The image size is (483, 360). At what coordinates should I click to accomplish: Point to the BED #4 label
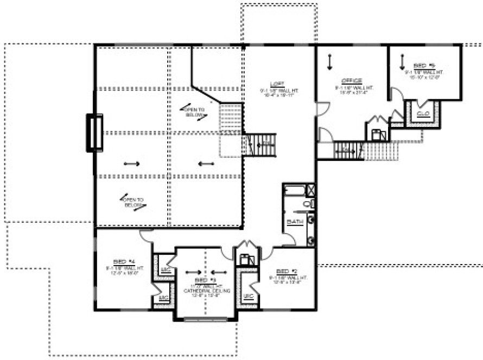click(x=120, y=261)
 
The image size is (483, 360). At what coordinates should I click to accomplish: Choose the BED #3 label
click(x=201, y=281)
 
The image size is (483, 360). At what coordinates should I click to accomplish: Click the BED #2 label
click(x=284, y=271)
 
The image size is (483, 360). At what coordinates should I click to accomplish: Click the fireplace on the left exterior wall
click(x=94, y=132)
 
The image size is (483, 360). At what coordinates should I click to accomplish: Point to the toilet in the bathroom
click(x=307, y=204)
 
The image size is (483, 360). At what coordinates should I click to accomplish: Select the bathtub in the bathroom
click(x=295, y=190)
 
